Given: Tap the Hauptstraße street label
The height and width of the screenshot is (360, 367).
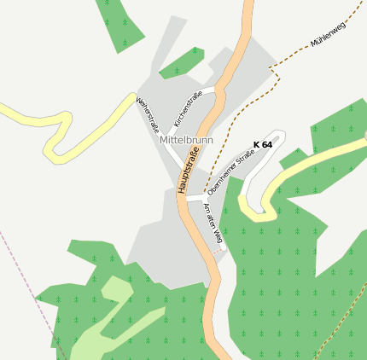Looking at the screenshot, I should (189, 170).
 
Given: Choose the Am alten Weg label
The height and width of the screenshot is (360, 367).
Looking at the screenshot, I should (213, 224).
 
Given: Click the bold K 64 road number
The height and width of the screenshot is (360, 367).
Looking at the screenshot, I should (263, 145).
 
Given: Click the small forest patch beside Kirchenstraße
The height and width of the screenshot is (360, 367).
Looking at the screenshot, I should (181, 63).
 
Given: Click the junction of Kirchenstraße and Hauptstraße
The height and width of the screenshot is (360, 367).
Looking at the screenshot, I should (216, 88).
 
